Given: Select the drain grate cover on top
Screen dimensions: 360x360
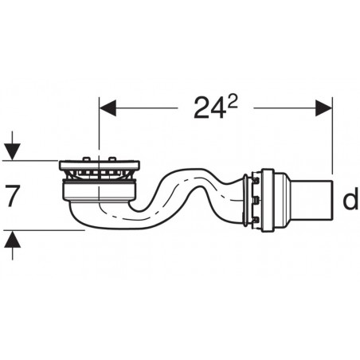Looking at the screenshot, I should click(x=100, y=166).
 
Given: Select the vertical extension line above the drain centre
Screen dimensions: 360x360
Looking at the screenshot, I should click(x=99, y=127).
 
